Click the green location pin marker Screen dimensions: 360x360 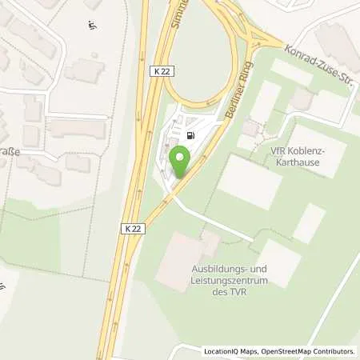click(181, 163)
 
